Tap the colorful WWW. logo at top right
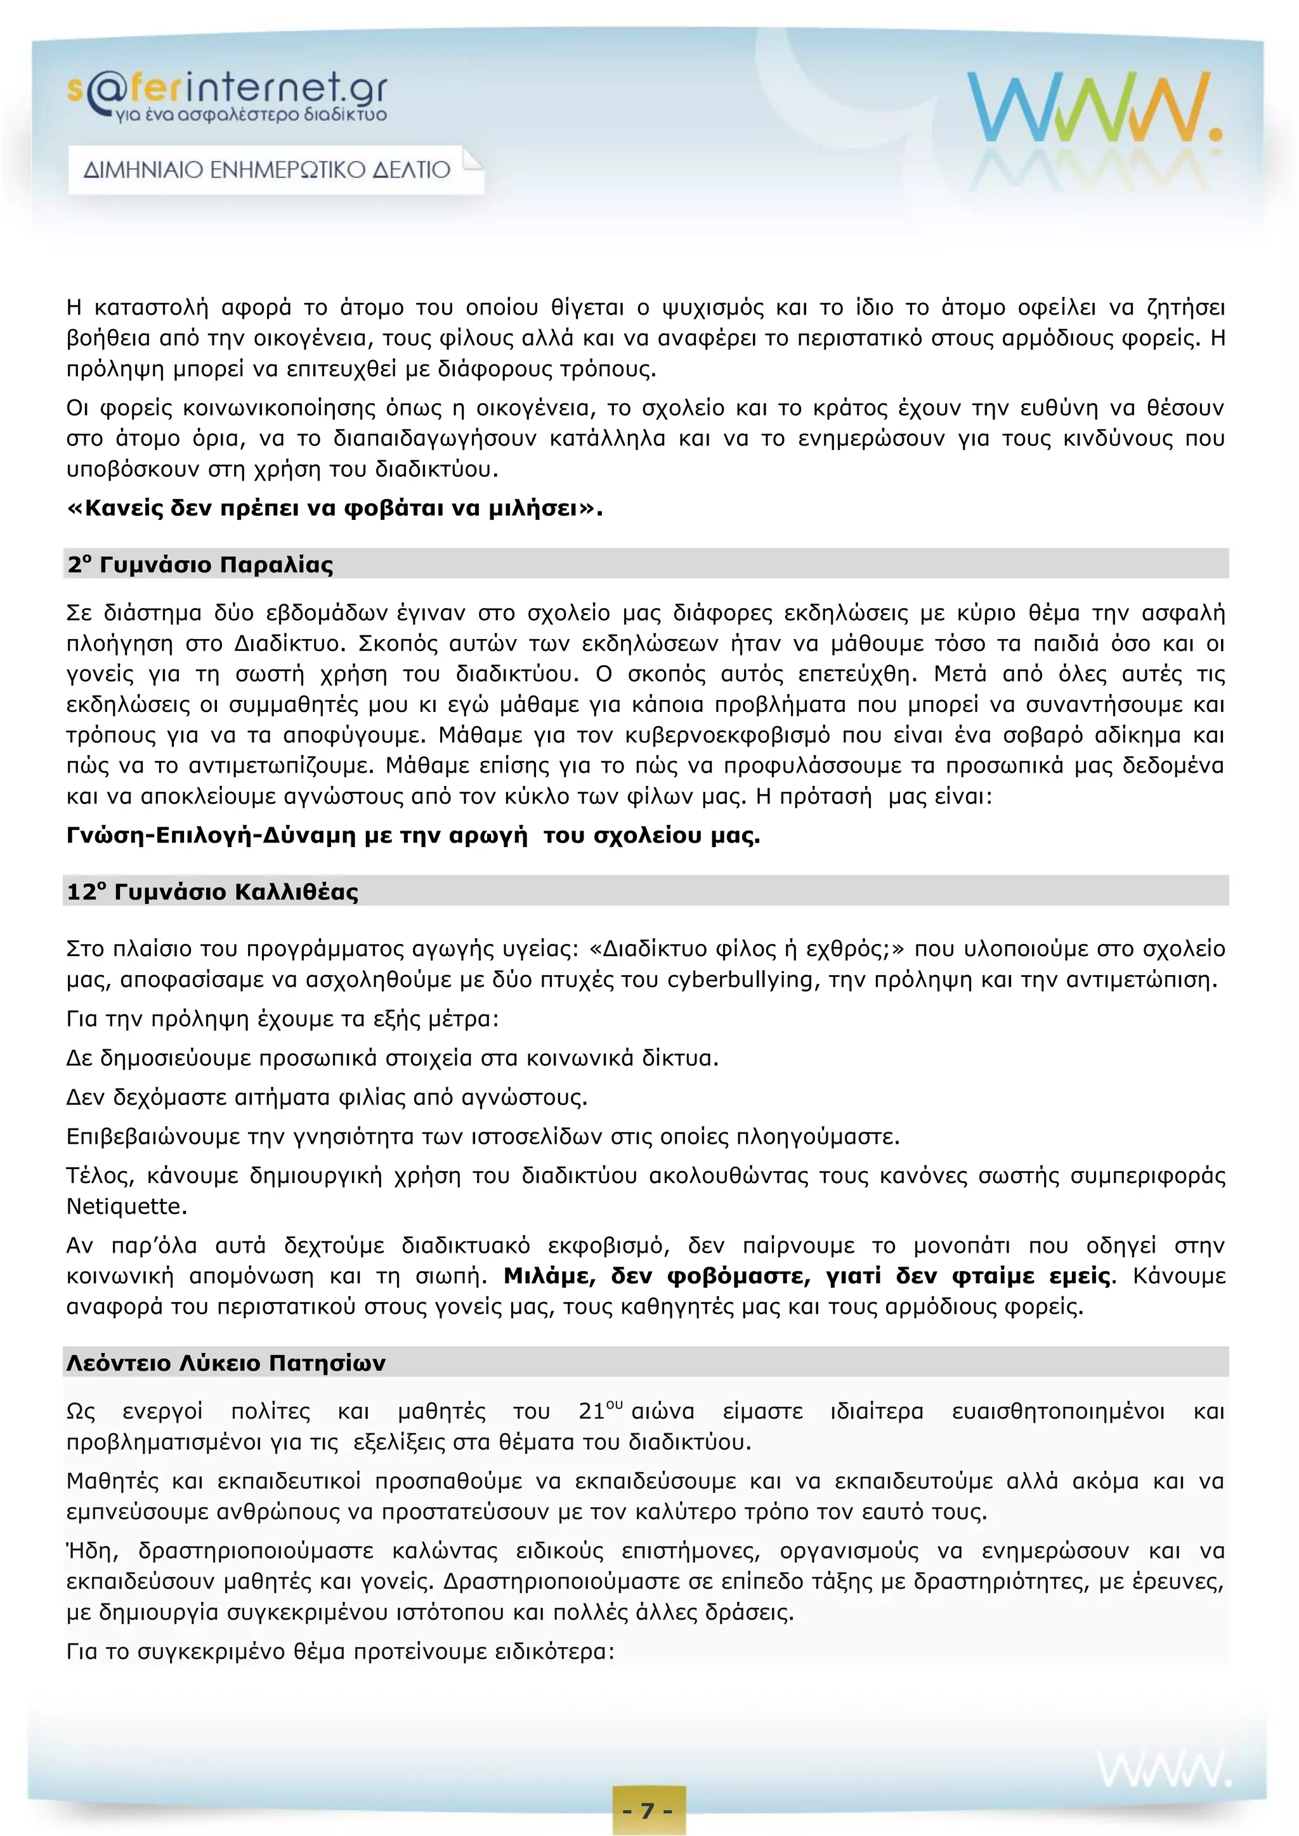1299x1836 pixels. coord(1093,108)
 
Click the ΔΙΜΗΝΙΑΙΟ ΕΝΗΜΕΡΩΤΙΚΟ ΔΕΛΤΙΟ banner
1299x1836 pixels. coord(267,169)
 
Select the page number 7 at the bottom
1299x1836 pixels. coord(649,1809)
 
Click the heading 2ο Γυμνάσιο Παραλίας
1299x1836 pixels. coord(200,564)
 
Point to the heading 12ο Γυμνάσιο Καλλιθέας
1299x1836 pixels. coord(212,891)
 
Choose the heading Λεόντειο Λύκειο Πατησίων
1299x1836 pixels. coord(226,1362)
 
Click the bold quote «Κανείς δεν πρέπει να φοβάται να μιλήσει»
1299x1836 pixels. coord(334,508)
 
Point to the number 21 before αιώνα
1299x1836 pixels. coord(592,1411)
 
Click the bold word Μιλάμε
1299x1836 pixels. coord(549,1276)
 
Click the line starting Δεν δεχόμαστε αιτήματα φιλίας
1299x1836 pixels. coord(327,1097)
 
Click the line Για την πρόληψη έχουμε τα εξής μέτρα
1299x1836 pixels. coord(282,1019)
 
